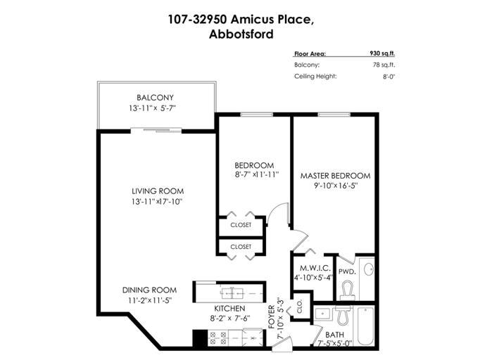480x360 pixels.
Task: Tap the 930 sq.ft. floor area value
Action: (x=384, y=53)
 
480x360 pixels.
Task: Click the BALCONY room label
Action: (x=155, y=98)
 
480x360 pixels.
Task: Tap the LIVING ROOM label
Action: (x=158, y=191)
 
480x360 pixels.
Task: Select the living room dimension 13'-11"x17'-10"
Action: (x=158, y=202)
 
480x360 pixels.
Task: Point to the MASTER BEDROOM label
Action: (x=335, y=175)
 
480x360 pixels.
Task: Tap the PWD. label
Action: (x=347, y=271)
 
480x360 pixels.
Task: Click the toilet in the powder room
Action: (x=346, y=289)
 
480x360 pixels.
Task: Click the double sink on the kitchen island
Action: (x=230, y=290)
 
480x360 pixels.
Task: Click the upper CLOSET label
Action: (x=241, y=225)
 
